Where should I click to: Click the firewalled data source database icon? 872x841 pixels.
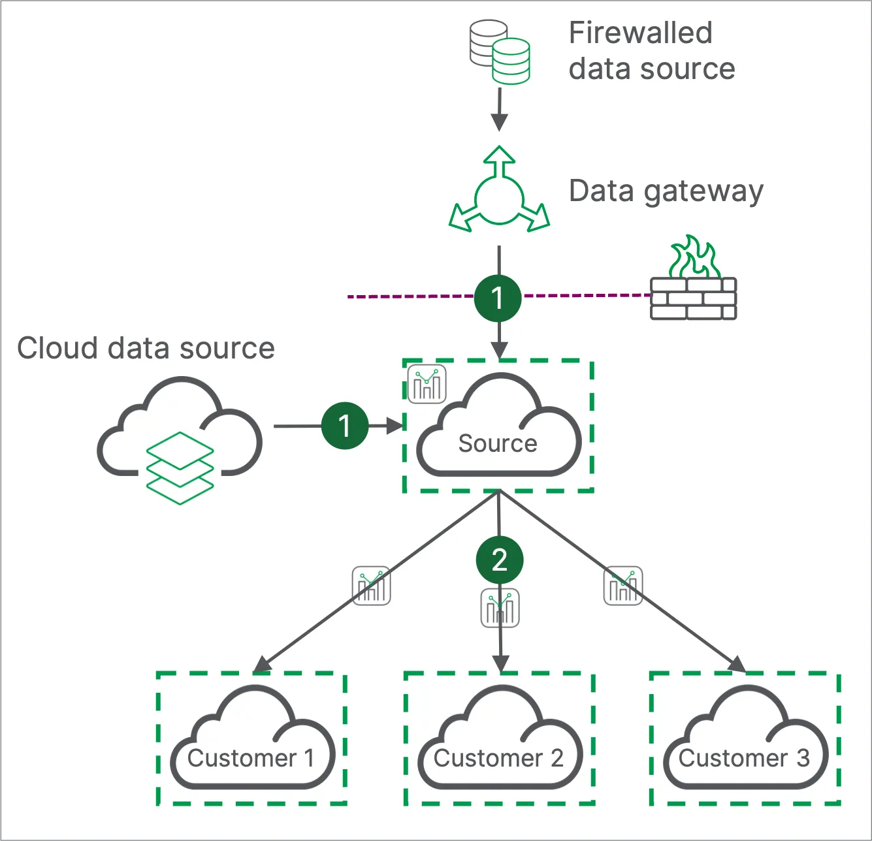pyautogui.click(x=500, y=52)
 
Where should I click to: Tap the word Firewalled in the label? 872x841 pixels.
pyautogui.click(x=640, y=33)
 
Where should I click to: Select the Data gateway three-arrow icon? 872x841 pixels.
pyautogui.click(x=500, y=193)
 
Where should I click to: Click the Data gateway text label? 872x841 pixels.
pyautogui.click(x=666, y=191)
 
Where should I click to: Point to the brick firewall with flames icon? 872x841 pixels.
pyautogui.click(x=693, y=281)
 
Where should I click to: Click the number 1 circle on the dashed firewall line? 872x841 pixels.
pyautogui.click(x=498, y=298)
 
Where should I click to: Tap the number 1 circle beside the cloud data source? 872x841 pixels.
pyautogui.click(x=345, y=426)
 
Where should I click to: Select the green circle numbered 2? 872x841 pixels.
pyautogui.click(x=500, y=560)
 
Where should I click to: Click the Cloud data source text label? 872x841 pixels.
pyautogui.click(x=146, y=348)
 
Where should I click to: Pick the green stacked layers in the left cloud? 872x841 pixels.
pyautogui.click(x=180, y=468)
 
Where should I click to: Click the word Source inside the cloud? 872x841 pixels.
pyautogui.click(x=498, y=443)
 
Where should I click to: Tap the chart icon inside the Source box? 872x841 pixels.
pyautogui.click(x=427, y=383)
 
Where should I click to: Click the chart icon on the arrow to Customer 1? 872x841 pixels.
pyautogui.click(x=372, y=586)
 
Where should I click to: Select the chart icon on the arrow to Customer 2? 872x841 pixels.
pyautogui.click(x=500, y=608)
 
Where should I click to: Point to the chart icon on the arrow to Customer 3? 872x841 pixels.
pyautogui.click(x=622, y=586)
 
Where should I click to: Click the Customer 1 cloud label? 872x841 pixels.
pyautogui.click(x=251, y=758)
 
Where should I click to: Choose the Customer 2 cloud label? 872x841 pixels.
pyautogui.click(x=498, y=758)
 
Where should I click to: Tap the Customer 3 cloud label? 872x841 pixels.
pyautogui.click(x=744, y=758)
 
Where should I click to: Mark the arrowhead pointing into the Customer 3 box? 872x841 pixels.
pyautogui.click(x=737, y=665)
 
